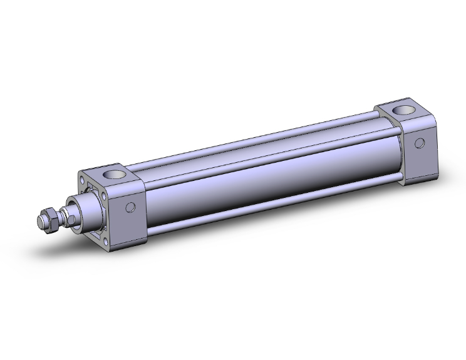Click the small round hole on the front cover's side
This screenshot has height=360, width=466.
(x=131, y=208)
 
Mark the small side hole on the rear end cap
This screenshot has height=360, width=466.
(x=418, y=143)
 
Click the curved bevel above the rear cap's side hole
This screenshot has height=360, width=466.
(x=418, y=125)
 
